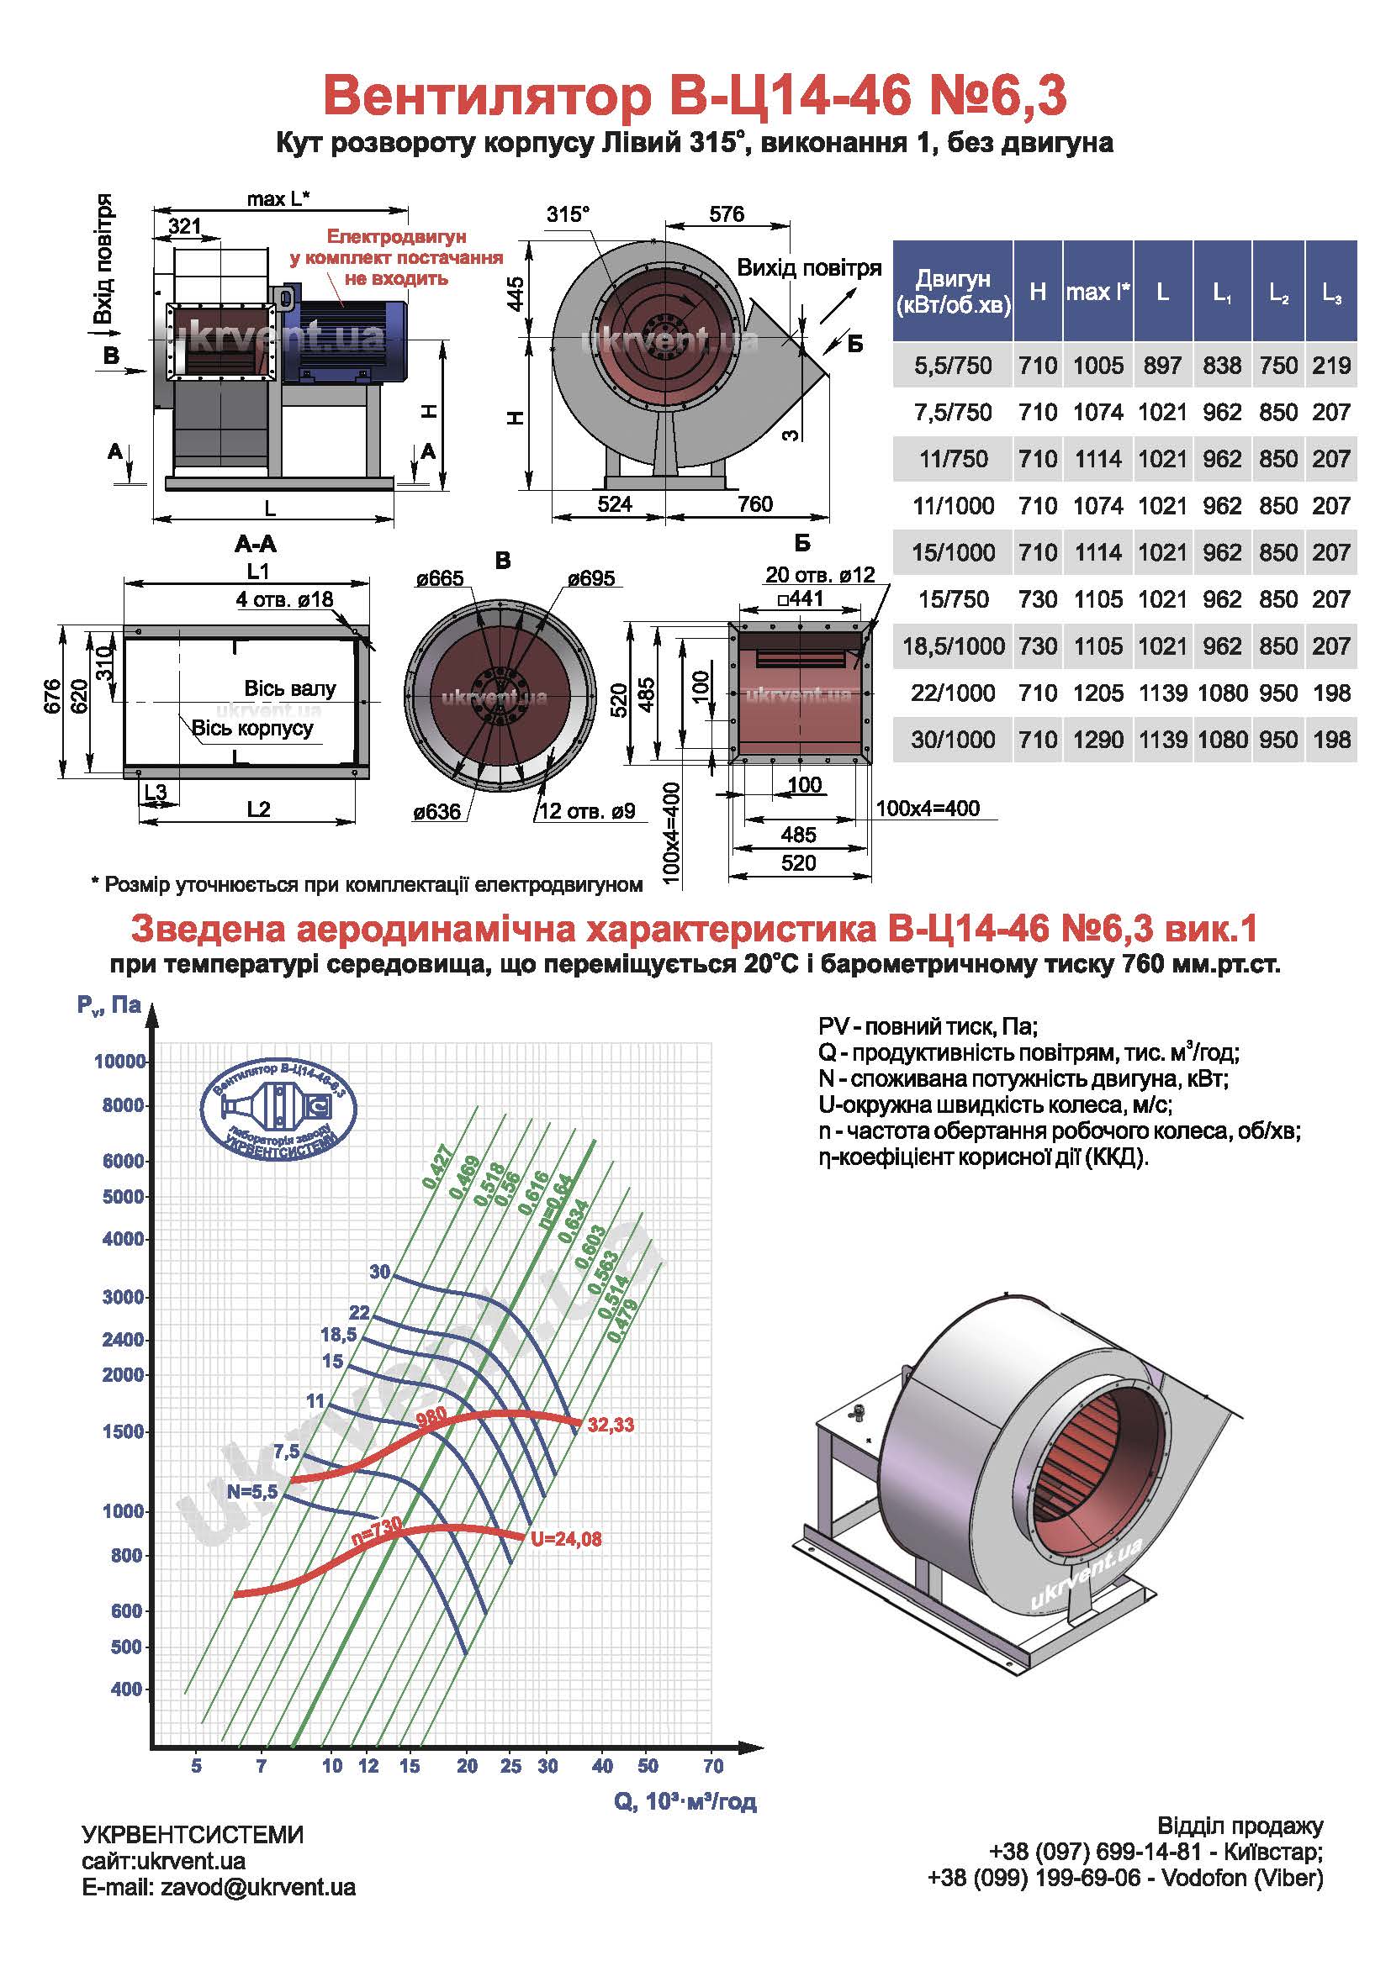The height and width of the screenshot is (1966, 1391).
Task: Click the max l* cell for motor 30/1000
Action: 1098,740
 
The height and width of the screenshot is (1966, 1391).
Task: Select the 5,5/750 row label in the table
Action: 953,366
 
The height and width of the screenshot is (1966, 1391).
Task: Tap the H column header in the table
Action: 1037,291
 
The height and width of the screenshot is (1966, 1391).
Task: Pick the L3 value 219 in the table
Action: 1331,366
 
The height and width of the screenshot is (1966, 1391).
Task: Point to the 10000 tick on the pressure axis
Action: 120,1062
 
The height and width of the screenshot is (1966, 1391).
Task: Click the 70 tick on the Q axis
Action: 713,1766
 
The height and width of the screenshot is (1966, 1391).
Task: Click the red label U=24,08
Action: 566,1539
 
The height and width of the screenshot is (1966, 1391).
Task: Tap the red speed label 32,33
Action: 611,1425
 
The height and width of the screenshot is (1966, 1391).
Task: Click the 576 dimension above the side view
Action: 727,214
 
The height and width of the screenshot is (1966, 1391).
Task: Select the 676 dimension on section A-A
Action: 52,696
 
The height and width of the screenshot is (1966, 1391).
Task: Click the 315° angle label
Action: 569,214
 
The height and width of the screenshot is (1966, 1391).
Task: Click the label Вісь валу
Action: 290,688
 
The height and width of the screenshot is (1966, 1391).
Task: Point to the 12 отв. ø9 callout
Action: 588,810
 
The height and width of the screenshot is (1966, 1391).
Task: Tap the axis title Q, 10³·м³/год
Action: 685,1801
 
